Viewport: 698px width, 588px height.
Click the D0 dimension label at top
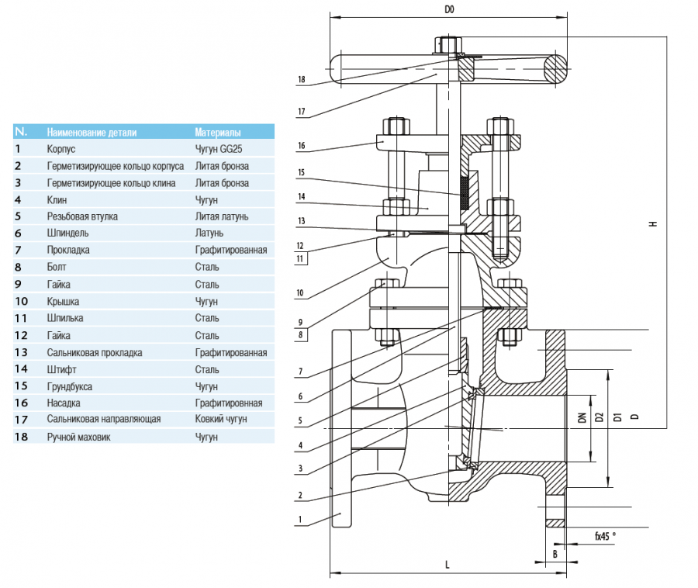pyautogui.click(x=448, y=10)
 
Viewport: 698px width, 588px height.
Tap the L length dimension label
pyautogui.click(x=447, y=566)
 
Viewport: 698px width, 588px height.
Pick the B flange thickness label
pyautogui.click(x=555, y=554)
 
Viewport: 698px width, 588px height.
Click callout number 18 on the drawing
pyautogui.click(x=301, y=79)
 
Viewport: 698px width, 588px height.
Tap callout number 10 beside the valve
pyautogui.click(x=301, y=293)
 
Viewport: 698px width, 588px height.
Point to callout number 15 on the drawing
pyautogui.click(x=301, y=171)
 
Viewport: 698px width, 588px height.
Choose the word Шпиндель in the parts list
pyautogui.click(x=67, y=233)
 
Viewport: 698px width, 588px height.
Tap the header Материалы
pyautogui.click(x=218, y=132)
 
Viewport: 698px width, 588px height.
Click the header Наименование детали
pyautogui.click(x=92, y=132)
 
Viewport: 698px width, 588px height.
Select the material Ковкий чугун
pyautogui.click(x=221, y=419)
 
